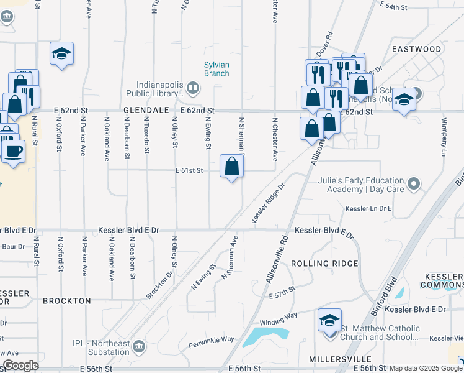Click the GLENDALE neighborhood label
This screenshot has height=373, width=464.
pos(146,110)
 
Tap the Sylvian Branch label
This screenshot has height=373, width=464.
pos(216,69)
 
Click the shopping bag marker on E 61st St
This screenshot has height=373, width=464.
pos(232,166)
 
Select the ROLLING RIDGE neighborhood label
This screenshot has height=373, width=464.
pos(324,264)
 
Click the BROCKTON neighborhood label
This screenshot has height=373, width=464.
pos(66,301)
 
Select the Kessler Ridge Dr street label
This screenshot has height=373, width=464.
pos(269,203)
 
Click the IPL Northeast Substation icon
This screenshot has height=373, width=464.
pos(138,346)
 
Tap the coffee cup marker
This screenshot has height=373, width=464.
pos(14,150)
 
